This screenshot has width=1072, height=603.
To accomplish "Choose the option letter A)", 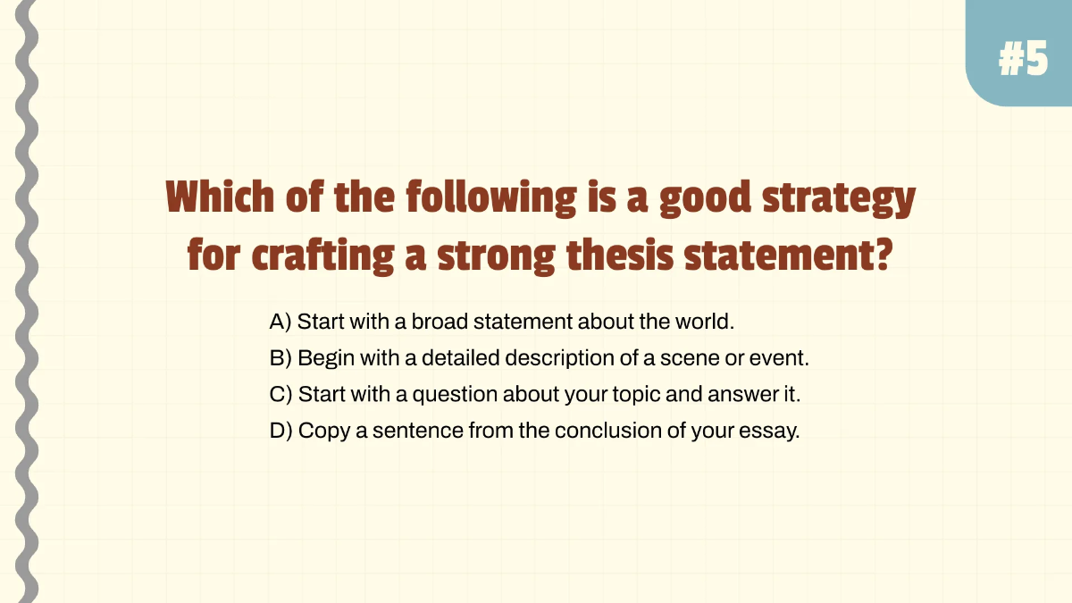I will [281, 322].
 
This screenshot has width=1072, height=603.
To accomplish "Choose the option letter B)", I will [281, 358].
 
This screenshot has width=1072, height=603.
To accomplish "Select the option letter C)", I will [281, 394].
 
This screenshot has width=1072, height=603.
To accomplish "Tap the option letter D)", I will [281, 431].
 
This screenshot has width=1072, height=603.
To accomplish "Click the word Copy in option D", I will [322, 431].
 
